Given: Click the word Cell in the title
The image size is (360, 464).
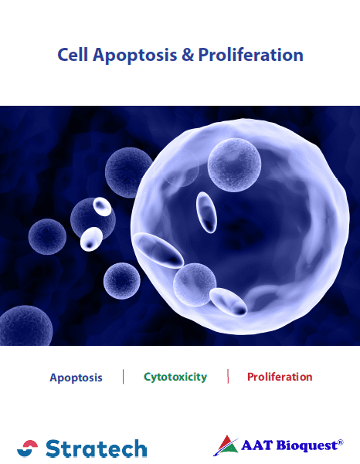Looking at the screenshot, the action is pos(73,55).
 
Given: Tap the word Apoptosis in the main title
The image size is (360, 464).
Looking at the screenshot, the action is pos(134,56).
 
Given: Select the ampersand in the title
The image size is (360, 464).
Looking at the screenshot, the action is pos(187,55).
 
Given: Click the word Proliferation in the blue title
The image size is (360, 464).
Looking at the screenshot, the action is pos(250,55).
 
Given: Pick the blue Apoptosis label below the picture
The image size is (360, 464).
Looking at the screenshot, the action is pos(76,378).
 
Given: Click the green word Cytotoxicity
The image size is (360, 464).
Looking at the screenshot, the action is pos(175,378).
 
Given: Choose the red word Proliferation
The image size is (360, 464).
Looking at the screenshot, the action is pos(280,377).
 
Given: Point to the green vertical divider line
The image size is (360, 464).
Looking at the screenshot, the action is pos(123,377).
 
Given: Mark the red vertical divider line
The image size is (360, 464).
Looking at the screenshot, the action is pos(228,376).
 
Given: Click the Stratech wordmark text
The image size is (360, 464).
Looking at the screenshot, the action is pos(97,449).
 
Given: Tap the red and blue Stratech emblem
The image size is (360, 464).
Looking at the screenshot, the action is pos(27,449).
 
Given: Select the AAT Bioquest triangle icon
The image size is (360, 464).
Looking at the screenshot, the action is pos(226,445).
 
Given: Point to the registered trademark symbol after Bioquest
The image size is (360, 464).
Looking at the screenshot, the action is pos(341,442).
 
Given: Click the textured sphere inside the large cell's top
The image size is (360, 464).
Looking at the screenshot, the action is pos(234,165).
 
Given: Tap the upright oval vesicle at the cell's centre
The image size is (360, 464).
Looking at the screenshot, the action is pos(206,212).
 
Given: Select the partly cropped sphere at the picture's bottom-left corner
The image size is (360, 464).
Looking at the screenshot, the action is pos(26,326).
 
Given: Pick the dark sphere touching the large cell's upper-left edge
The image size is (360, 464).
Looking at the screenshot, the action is pos(127,172).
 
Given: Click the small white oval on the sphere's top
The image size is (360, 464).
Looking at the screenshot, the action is pos(102,207).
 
